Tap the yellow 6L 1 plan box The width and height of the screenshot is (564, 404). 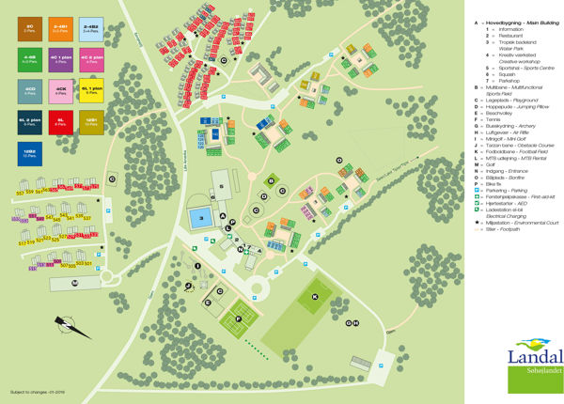pos(91,92)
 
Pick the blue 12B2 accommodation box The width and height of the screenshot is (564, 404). pos(30,153)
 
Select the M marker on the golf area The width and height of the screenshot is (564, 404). pos(75,282)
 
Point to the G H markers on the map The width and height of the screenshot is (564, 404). pos(352,323)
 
